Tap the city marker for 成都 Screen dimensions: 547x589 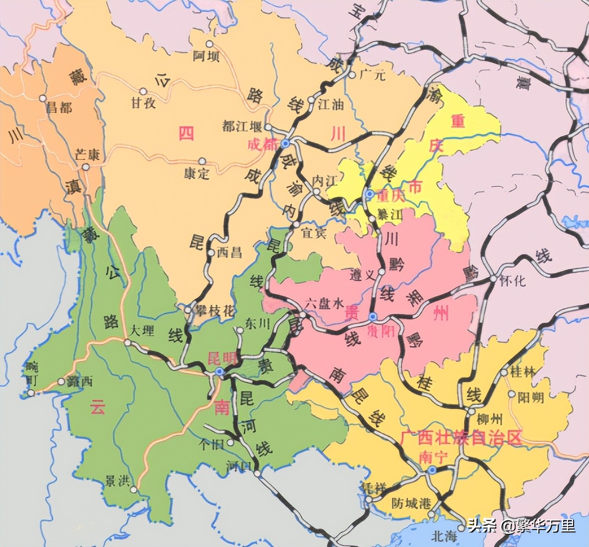tap(285, 143)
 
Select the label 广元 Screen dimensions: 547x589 tap(372, 75)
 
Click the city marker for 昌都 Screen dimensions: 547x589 tap(42, 98)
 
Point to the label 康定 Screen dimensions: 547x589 tap(197, 173)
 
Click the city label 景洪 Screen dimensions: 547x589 tap(117, 480)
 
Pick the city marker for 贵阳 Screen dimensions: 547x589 tap(373, 317)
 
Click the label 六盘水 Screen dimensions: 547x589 tap(324, 303)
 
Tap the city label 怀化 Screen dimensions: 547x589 tap(513, 280)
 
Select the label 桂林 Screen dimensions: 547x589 tap(522, 371)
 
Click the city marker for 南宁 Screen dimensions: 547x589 tap(431, 470)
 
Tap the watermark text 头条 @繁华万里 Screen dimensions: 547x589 tap(522, 526)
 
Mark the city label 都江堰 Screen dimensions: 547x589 tap(242, 126)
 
